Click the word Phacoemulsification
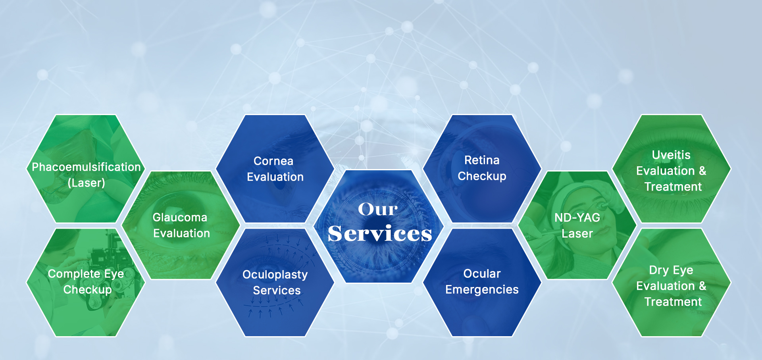(87, 167)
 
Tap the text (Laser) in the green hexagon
(87, 183)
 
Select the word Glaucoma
(180, 218)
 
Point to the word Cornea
(273, 161)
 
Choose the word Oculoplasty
(275, 275)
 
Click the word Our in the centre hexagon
(378, 209)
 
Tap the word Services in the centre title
(380, 233)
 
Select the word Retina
(482, 160)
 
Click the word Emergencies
(482, 290)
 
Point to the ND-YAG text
(577, 218)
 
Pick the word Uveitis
(671, 155)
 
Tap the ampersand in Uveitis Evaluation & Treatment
(702, 171)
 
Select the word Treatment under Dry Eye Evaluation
(673, 302)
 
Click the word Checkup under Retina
(482, 176)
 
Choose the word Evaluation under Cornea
(275, 177)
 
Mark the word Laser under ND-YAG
(577, 233)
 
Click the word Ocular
(482, 274)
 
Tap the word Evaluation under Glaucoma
(181, 233)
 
